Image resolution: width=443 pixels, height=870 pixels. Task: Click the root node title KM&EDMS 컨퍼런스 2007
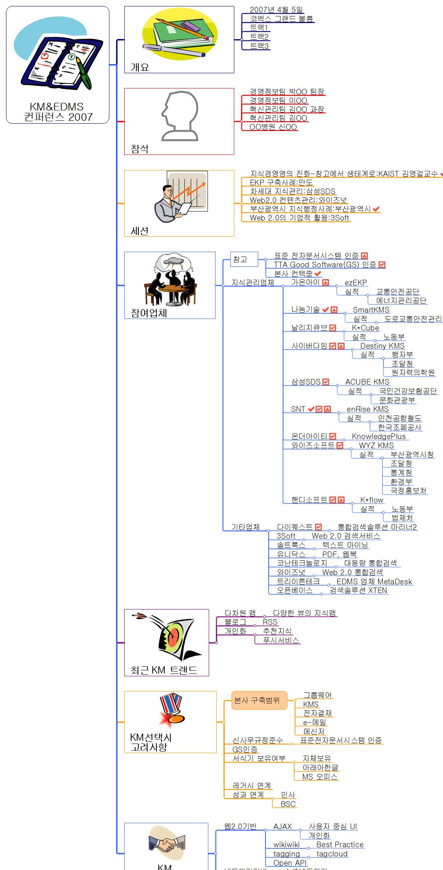point(58,112)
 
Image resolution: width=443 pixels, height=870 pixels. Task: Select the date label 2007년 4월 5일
point(276,10)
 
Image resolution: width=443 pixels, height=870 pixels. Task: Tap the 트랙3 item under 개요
point(259,46)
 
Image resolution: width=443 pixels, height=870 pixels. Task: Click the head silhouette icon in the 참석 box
point(180,116)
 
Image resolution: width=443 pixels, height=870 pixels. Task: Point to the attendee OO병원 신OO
point(273,127)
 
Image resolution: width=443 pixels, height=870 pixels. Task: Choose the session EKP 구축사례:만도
point(281,182)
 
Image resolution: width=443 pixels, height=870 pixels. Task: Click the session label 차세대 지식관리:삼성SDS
point(292,191)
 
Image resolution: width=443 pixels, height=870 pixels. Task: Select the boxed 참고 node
point(240,259)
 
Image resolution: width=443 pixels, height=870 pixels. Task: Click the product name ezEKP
point(355,283)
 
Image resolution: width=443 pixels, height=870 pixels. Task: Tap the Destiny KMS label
point(382,346)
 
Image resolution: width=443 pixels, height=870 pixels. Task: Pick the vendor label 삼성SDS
point(306,382)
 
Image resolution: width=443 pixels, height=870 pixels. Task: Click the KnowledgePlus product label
point(378,436)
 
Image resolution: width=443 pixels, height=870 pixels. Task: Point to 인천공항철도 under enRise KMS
point(399,418)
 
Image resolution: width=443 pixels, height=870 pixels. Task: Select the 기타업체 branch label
point(245,527)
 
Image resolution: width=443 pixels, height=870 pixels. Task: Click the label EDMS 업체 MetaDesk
point(374,581)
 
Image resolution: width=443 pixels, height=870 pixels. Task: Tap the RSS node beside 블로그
point(270,622)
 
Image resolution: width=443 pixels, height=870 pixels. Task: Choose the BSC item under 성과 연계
point(288,804)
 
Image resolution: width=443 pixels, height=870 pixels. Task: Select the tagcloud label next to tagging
point(332,854)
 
